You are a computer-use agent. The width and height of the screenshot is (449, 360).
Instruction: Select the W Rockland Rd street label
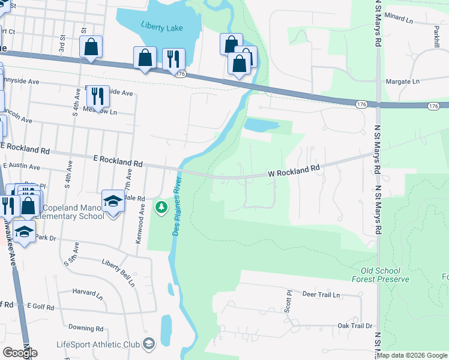tap(294, 172)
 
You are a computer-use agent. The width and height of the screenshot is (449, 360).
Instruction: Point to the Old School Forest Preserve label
tap(381, 275)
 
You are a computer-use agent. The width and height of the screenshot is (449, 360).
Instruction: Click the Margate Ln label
tap(402, 82)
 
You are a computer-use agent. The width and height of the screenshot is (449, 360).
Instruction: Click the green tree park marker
tap(161, 208)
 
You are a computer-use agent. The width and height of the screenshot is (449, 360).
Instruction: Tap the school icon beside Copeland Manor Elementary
tap(113, 201)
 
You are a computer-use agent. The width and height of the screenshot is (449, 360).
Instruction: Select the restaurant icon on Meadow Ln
tap(97, 95)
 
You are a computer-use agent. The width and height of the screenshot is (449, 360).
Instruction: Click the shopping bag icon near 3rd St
tap(91, 46)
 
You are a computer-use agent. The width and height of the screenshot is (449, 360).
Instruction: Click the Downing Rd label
tap(86, 328)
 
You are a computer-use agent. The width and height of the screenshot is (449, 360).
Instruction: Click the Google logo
tap(20, 353)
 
